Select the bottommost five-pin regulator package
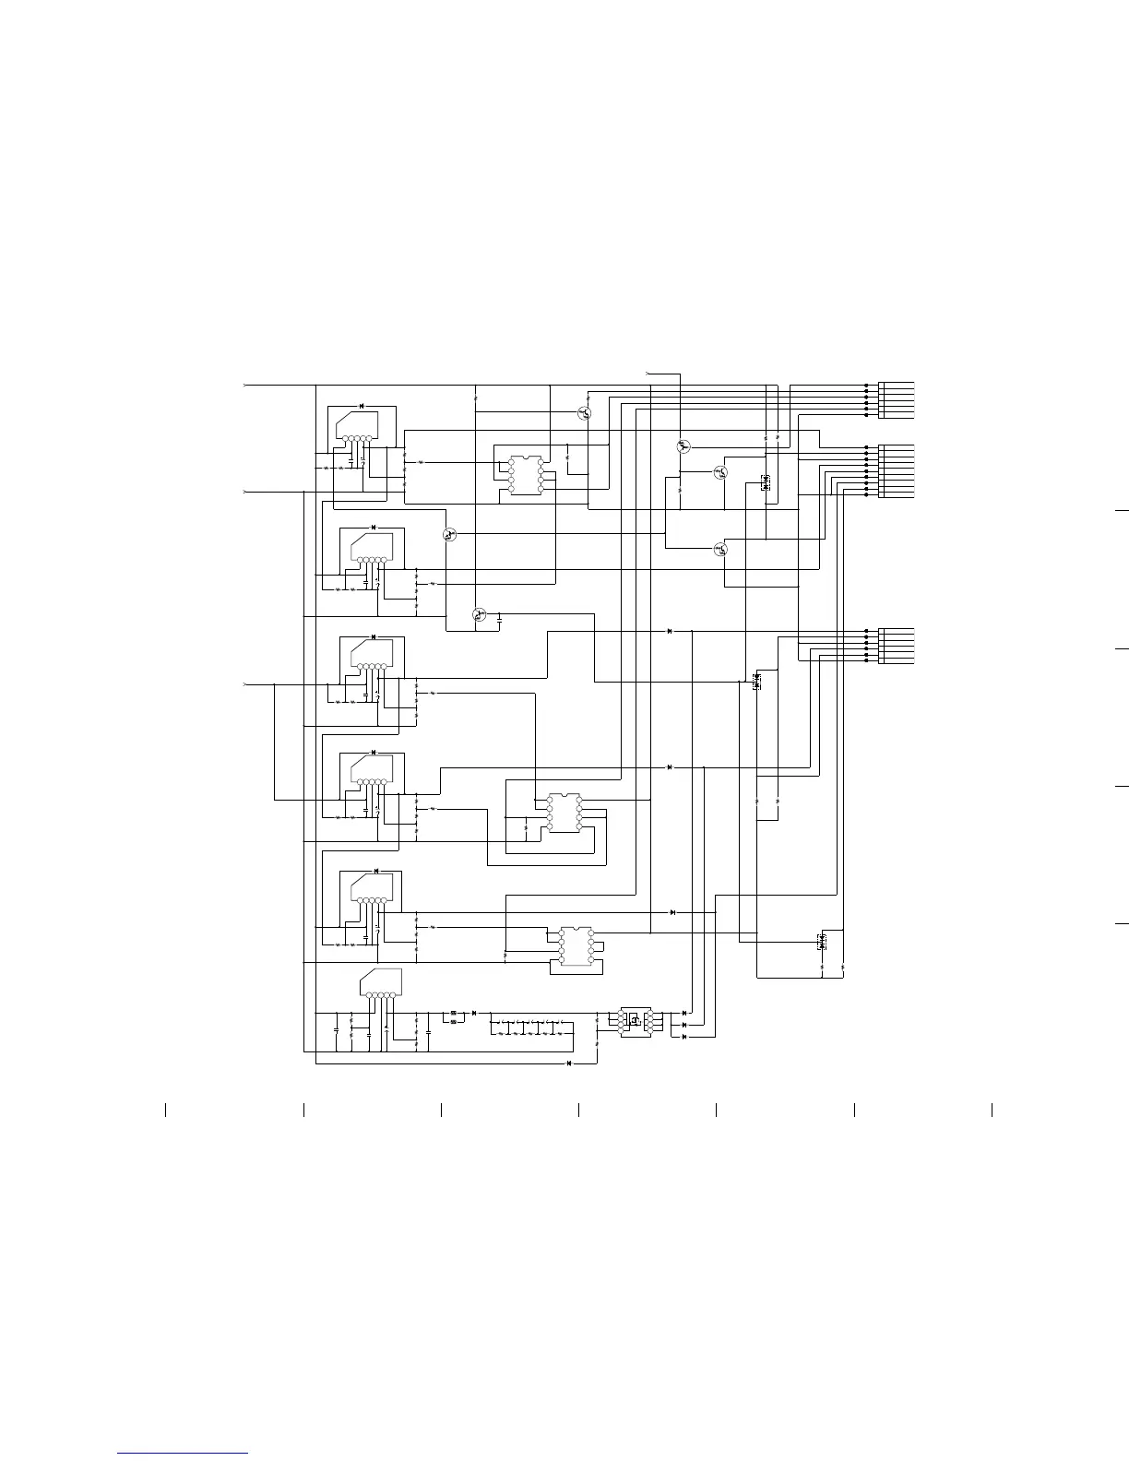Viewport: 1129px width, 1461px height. pyautogui.click(x=381, y=983)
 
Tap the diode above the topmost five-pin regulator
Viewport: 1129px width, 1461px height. pyautogui.click(x=361, y=406)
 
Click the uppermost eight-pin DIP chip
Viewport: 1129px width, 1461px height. pyautogui.click(x=526, y=474)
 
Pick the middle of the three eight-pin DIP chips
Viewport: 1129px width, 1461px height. pyautogui.click(x=564, y=812)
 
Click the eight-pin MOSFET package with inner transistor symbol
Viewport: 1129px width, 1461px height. pyautogui.click(x=635, y=1020)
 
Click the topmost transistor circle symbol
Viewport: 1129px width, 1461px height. pyautogui.click(x=584, y=413)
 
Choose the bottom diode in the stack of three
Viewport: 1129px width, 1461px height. pyautogui.click(x=683, y=1037)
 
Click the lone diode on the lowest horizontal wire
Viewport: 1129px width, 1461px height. pyautogui.click(x=569, y=1063)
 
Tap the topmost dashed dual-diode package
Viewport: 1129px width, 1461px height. pyautogui.click(x=766, y=481)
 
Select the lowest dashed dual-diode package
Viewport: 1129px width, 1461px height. pyautogui.click(x=822, y=942)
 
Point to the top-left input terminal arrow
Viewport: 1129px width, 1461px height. pyautogui.click(x=244, y=384)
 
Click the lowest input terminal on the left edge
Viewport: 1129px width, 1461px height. pyautogui.click(x=244, y=684)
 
